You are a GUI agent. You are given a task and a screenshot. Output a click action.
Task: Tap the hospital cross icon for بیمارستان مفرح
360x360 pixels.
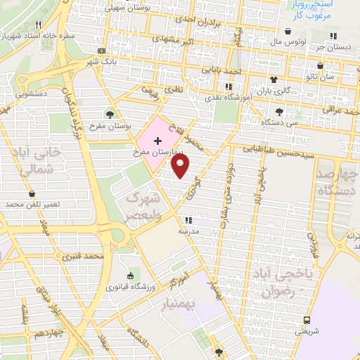(157, 141)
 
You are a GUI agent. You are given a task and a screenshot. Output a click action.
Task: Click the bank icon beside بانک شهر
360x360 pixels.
(103, 51)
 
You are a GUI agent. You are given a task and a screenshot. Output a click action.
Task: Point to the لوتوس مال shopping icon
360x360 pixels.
(290, 31)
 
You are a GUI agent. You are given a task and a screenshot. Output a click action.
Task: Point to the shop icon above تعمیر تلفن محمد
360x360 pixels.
(32, 193)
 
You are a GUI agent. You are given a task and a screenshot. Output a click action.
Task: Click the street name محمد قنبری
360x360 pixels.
(84, 256)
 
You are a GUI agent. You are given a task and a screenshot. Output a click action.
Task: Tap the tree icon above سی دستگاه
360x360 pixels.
(279, 111)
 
